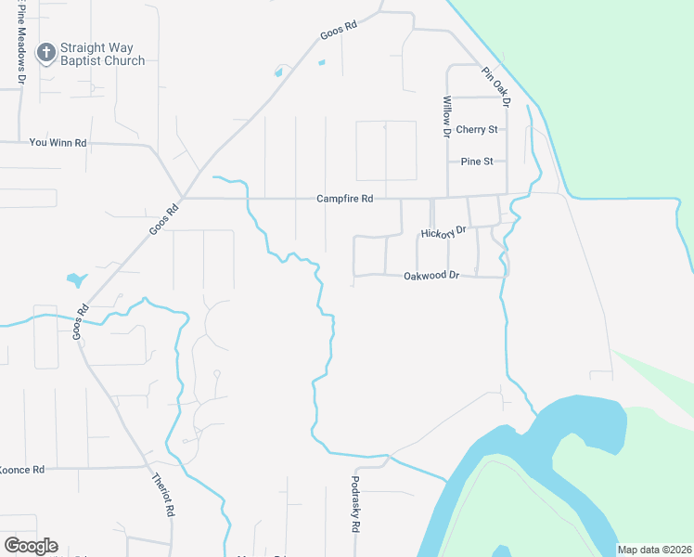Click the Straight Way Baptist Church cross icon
pyautogui.click(x=45, y=53)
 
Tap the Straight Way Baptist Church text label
pyautogui.click(x=102, y=54)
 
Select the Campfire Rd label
pyautogui.click(x=344, y=199)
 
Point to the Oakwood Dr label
pyautogui.click(x=432, y=276)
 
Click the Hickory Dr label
pyautogui.click(x=443, y=231)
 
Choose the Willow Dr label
pyautogui.click(x=446, y=117)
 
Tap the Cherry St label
pyautogui.click(x=477, y=129)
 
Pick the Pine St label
pyautogui.click(x=476, y=162)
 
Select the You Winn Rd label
pyautogui.click(x=58, y=143)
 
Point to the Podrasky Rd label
pyautogui.click(x=355, y=504)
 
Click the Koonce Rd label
pyautogui.click(x=22, y=470)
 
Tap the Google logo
pyautogui.click(x=31, y=546)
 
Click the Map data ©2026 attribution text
pyautogui.click(x=654, y=550)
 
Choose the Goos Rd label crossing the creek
pyautogui.click(x=81, y=322)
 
